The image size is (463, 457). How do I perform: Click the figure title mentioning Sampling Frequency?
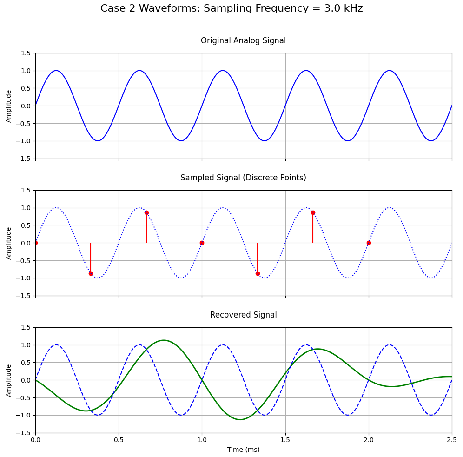(231, 8)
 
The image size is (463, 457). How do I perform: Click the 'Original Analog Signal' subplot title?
(243, 40)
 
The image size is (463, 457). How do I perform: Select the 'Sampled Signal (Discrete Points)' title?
(243, 178)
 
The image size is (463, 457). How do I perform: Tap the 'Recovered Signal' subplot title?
(243, 315)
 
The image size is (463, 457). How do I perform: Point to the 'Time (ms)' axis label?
(243, 450)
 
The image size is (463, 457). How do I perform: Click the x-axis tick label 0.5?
(119, 440)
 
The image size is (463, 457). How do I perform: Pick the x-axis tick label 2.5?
(451, 440)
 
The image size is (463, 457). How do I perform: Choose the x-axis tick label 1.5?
(285, 440)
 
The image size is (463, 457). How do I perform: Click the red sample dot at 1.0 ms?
(202, 243)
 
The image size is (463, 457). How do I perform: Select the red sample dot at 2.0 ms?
(369, 243)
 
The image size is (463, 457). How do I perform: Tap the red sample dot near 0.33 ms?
(91, 273)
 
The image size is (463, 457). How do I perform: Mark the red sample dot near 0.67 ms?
(146, 212)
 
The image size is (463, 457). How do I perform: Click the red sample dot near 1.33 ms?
(258, 273)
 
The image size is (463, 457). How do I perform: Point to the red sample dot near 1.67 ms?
(313, 212)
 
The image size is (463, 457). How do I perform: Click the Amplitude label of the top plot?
(9, 106)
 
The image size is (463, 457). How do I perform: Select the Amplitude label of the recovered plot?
(9, 380)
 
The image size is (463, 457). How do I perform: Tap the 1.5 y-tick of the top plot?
(26, 53)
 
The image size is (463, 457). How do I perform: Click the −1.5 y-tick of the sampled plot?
(24, 296)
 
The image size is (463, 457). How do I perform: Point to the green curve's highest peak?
(164, 340)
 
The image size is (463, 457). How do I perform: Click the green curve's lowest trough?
(240, 419)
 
